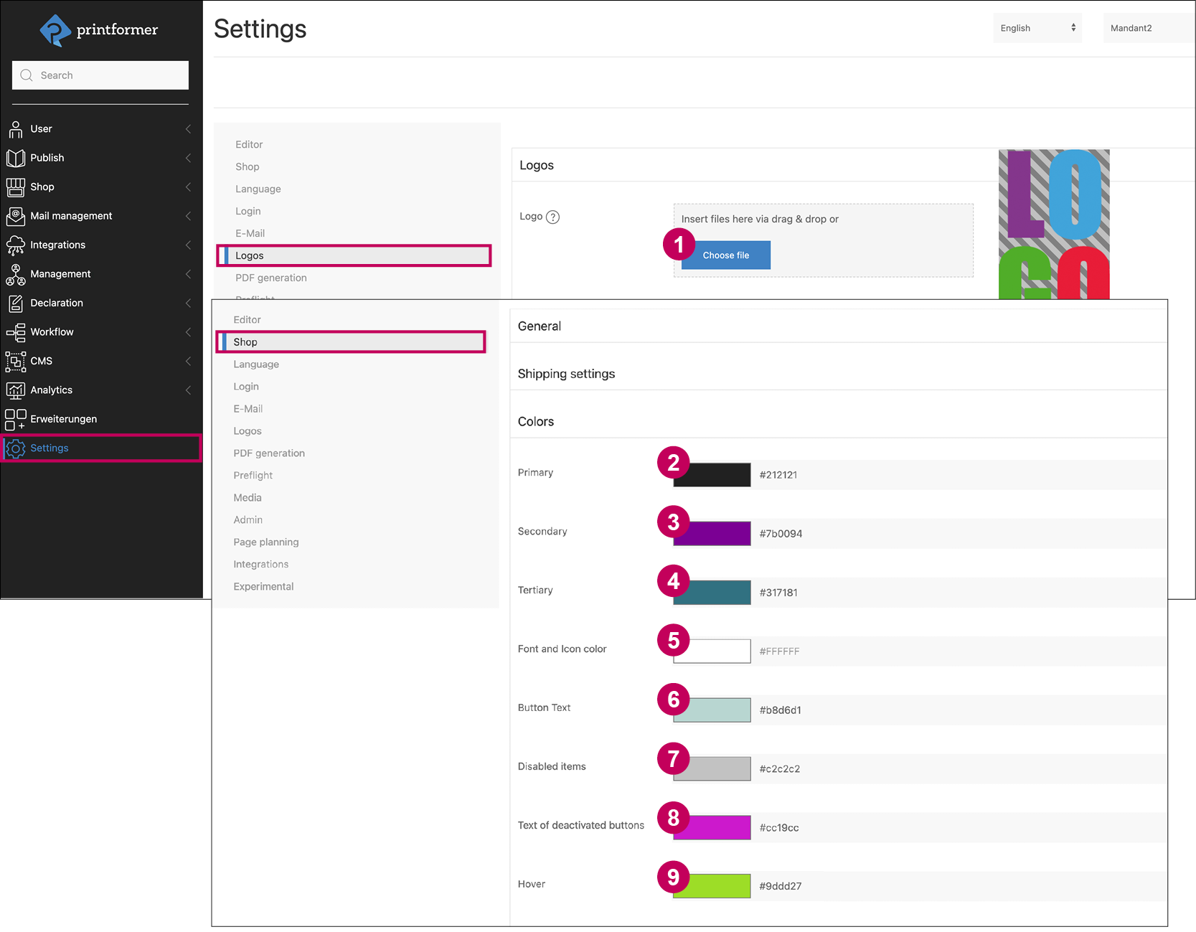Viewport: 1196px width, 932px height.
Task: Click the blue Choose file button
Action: (725, 255)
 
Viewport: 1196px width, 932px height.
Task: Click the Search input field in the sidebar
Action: (100, 75)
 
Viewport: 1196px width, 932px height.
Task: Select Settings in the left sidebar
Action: (50, 448)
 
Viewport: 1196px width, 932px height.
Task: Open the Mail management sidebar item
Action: (71, 216)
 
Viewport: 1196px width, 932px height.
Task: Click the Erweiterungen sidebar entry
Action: (63, 419)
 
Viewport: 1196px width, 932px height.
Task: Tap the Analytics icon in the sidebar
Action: (15, 390)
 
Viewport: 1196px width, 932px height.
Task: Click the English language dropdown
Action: (1037, 28)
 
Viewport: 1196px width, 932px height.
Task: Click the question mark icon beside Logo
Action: (552, 217)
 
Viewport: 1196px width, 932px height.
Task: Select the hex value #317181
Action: (778, 593)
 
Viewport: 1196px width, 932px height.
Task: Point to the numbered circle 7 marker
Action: (673, 758)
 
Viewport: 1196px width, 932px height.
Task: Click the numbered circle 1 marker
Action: (679, 245)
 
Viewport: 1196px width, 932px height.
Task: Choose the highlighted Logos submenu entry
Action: (250, 256)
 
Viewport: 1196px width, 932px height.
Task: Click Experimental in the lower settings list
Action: (263, 587)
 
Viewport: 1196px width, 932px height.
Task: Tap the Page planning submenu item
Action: (266, 542)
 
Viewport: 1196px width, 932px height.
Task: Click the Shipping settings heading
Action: (566, 374)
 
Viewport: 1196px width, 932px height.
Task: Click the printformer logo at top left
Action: (99, 30)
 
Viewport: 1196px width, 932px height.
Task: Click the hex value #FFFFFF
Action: (779, 651)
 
